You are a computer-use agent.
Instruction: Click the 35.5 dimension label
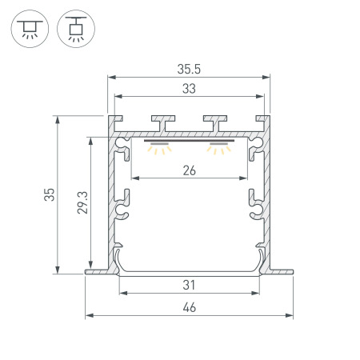coord(190,69)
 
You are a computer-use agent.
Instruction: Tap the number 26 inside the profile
coord(190,169)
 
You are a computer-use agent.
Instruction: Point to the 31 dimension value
coord(190,284)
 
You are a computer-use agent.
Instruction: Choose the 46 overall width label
coord(190,307)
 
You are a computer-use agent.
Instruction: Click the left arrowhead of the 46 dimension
coord(88,314)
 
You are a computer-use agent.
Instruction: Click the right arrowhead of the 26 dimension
coord(246,177)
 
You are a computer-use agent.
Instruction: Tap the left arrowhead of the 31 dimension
coord(122,292)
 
